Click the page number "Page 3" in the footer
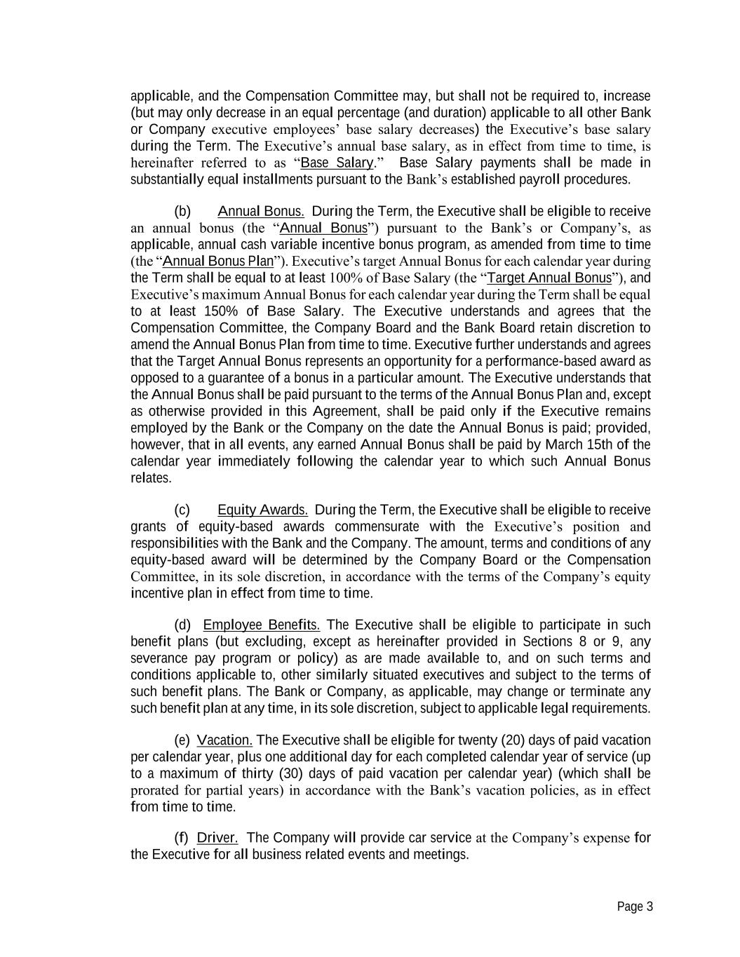tap(635, 907)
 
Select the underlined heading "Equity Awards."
tap(262, 510)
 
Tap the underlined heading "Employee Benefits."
tap(261, 625)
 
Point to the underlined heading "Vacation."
tap(225, 740)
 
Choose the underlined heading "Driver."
tap(217, 838)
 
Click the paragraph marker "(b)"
tap(182, 212)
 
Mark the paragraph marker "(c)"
tap(182, 510)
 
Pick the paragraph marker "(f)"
tap(181, 838)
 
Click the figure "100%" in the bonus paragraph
tap(346, 278)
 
